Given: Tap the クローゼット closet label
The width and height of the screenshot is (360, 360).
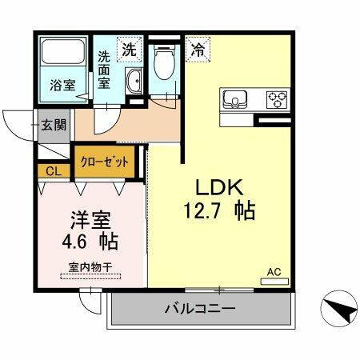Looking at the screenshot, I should [x=104, y=161].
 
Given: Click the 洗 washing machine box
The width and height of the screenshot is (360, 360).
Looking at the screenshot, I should [x=129, y=49].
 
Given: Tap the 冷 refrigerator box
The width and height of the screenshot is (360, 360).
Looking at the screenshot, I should [x=197, y=49].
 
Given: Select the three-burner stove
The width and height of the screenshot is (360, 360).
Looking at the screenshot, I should [x=277, y=99].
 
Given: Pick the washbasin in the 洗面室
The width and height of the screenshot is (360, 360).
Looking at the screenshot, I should [x=134, y=81].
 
